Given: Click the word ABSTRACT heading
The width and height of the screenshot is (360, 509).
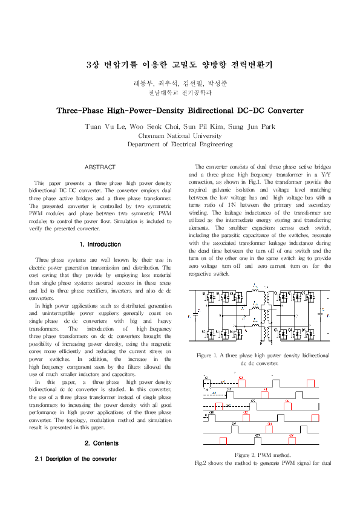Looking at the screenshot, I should tap(100, 166).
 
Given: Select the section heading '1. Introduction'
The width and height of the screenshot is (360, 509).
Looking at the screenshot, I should tap(100, 244).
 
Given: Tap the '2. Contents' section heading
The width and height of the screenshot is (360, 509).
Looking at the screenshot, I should tap(101, 443).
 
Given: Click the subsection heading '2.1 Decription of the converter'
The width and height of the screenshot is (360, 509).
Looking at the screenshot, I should tap(76, 459).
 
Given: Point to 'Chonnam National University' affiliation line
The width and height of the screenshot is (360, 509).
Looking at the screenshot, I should tap(180, 136).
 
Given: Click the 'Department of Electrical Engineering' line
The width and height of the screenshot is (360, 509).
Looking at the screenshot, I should tap(180, 144).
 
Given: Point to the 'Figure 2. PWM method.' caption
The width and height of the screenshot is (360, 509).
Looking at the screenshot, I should tap(263, 455).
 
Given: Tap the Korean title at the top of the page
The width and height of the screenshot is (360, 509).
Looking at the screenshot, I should tap(180, 65).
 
